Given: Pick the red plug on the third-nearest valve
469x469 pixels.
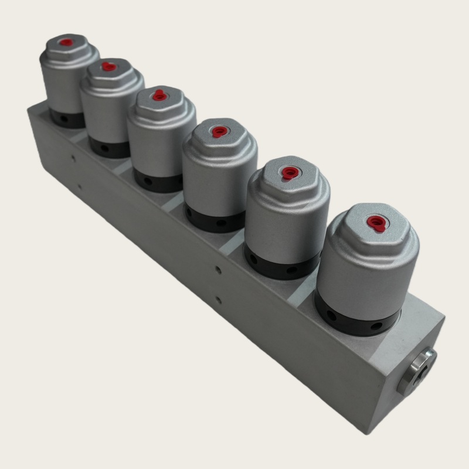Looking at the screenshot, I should click(x=219, y=131).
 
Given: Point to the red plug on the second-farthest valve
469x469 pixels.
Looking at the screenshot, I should click(x=107, y=67).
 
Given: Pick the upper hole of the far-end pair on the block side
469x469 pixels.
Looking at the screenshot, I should click(x=72, y=157).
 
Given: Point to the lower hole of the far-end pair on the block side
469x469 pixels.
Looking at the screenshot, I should click(x=80, y=188).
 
